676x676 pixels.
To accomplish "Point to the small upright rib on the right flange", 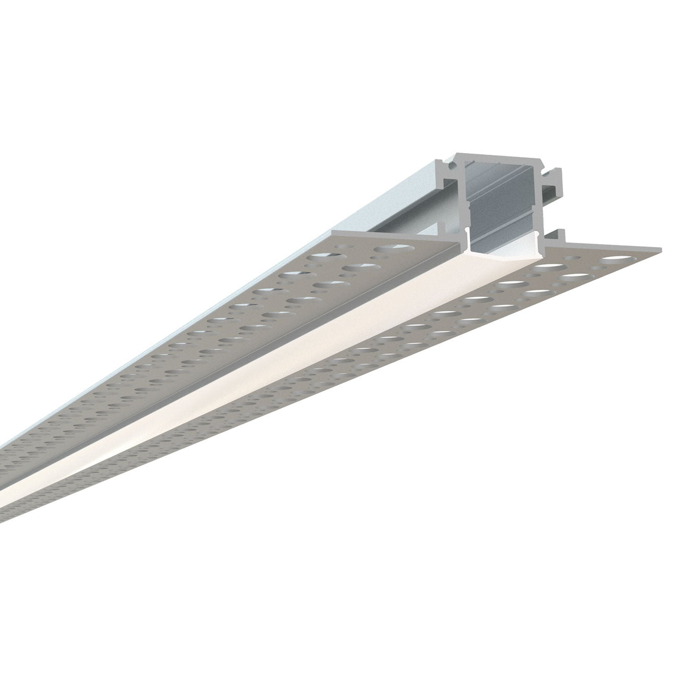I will click(561, 233).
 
